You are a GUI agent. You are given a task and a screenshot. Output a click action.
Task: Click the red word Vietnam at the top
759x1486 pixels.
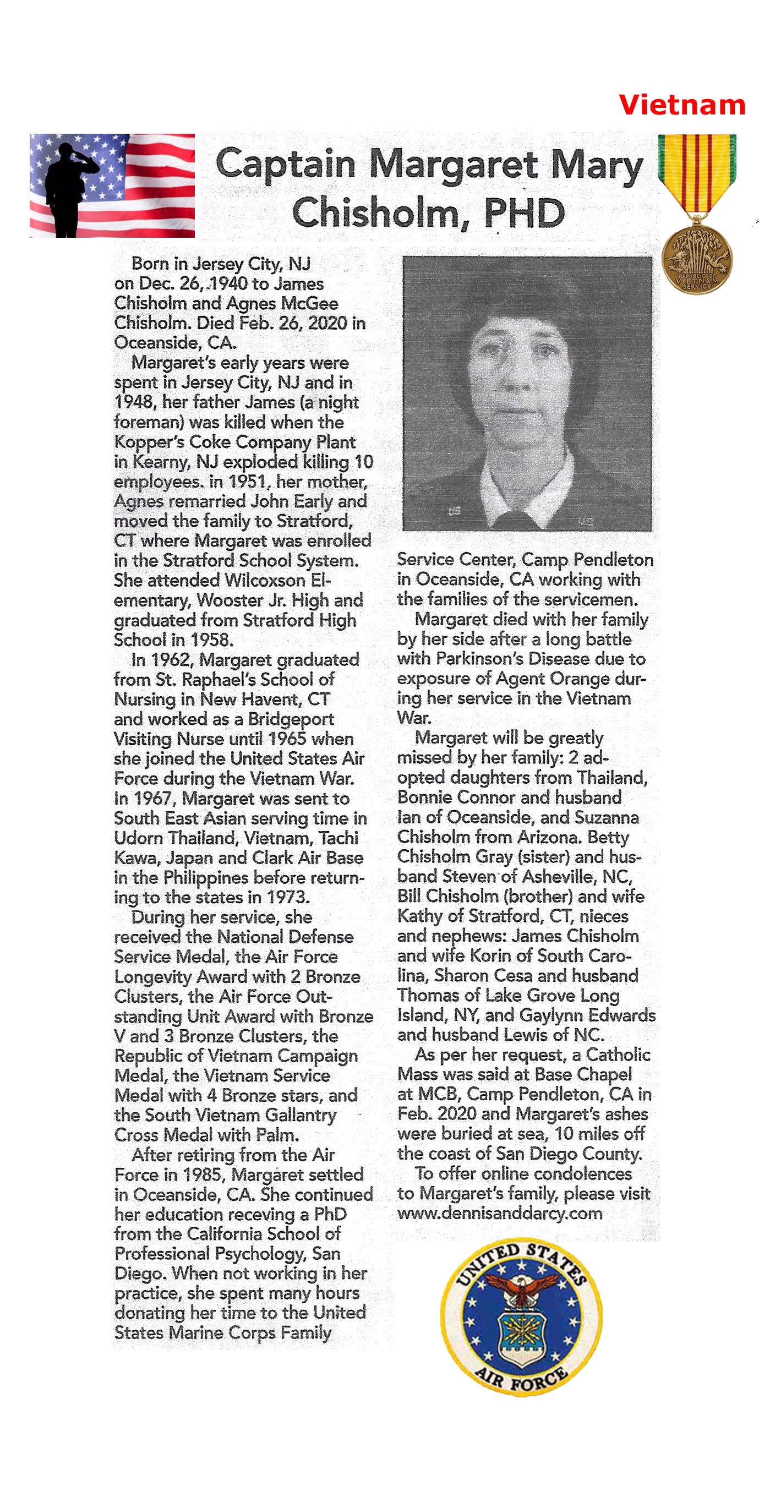682,105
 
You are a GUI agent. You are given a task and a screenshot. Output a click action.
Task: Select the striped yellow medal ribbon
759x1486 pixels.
697,173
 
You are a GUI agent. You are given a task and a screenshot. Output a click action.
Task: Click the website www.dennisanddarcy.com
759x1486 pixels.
499,1213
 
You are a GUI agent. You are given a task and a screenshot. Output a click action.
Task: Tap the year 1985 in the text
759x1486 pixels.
205,1174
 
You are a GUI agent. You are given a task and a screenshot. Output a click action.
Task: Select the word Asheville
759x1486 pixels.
558,877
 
